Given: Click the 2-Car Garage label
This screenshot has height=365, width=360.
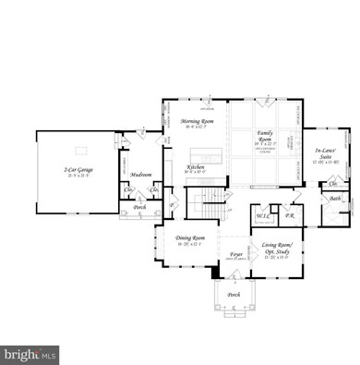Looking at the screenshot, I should pyautogui.click(x=80, y=172).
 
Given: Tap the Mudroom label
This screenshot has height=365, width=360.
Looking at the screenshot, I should pyautogui.click(x=141, y=174).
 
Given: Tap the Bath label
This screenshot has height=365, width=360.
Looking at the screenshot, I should pyautogui.click(x=335, y=199).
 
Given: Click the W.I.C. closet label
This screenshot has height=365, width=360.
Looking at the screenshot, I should pyautogui.click(x=262, y=213).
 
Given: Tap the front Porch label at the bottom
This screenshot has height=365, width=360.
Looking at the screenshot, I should pyautogui.click(x=234, y=296).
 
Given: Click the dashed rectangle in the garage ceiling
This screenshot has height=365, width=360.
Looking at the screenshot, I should pyautogui.click(x=80, y=148).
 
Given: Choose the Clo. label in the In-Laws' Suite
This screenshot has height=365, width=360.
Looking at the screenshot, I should pyautogui.click(x=332, y=185).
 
